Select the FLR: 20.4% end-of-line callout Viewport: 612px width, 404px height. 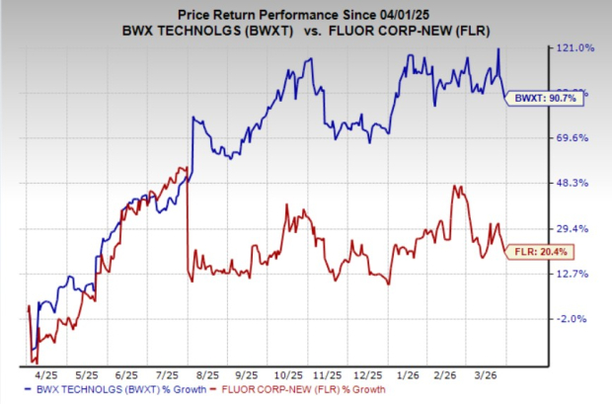point(536,253)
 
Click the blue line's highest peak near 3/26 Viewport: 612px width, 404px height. point(499,48)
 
